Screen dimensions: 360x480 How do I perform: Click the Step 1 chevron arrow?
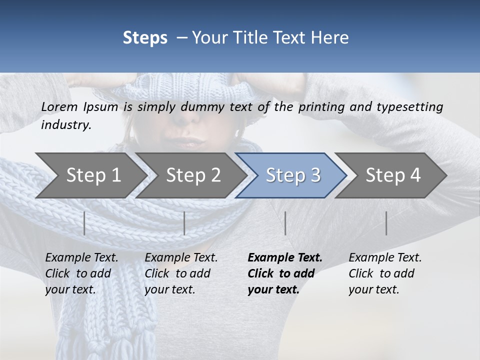[93, 175]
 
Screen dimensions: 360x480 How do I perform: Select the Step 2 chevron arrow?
[193, 175]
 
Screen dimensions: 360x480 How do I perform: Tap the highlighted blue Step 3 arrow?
[293, 175]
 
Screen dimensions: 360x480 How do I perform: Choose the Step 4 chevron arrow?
[393, 175]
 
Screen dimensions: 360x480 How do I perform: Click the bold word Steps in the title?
[145, 38]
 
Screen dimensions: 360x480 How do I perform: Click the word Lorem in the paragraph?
[59, 107]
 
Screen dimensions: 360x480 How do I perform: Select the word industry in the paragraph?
[65, 125]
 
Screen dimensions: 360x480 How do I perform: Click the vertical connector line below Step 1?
[84, 223]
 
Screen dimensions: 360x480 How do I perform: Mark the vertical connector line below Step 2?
[184, 223]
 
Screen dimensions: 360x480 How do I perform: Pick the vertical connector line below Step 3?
[285, 223]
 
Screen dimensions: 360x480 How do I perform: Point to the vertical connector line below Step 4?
[386, 223]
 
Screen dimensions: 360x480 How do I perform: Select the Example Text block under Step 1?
[81, 273]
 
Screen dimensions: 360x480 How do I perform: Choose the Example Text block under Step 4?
[385, 273]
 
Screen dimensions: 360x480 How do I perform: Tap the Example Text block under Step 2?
[181, 273]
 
